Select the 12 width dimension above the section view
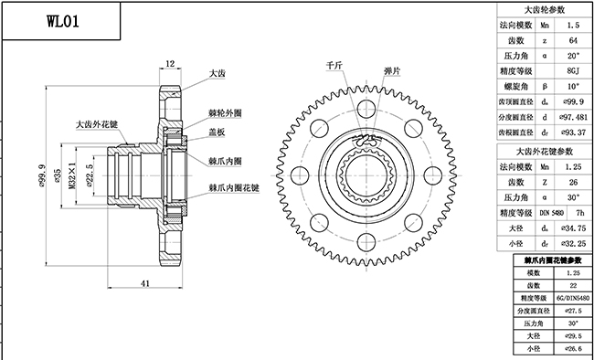click(170, 63)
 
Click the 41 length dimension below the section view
click(145, 284)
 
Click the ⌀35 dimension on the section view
click(58, 174)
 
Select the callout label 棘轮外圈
click(227, 112)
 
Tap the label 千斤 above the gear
click(334, 67)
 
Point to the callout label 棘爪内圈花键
click(234, 187)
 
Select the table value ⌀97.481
click(571, 117)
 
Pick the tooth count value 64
click(571, 40)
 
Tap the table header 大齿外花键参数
click(545, 151)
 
